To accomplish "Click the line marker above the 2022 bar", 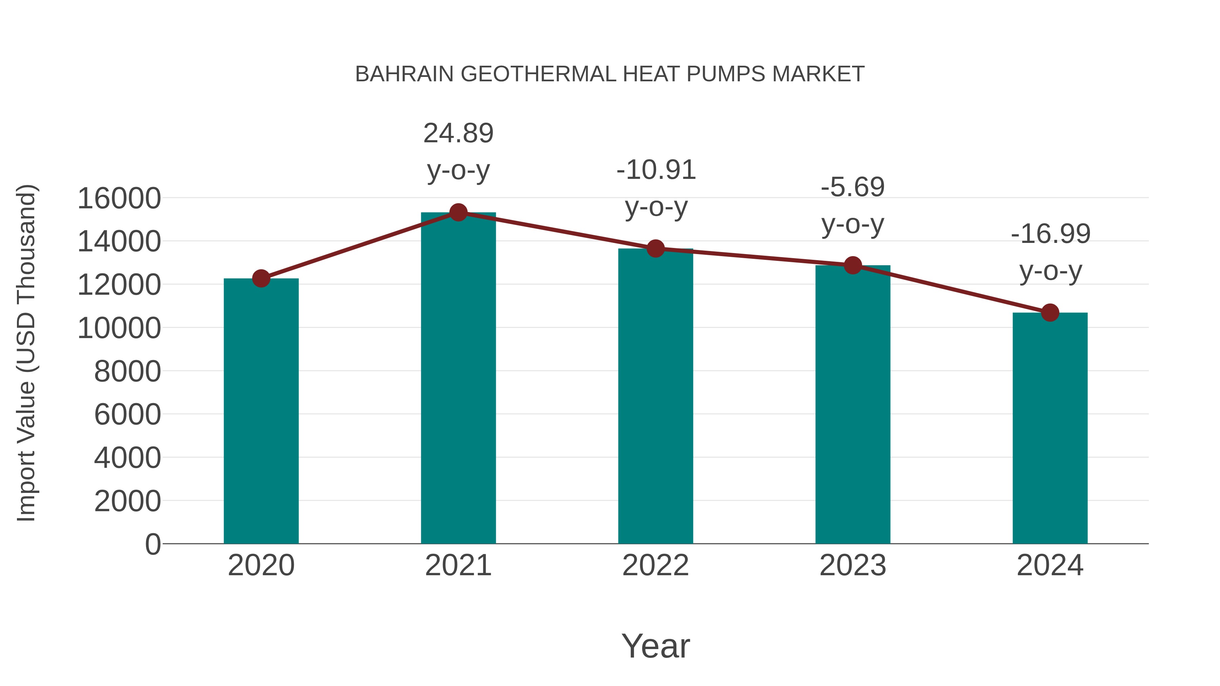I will tap(655, 249).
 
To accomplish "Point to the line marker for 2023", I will tap(853, 266).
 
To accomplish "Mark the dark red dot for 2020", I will tap(261, 278).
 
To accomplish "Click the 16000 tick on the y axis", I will tap(119, 199).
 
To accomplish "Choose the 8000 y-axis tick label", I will tap(127, 372).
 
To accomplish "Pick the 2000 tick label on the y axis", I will tap(127, 501).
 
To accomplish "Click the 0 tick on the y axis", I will tap(152, 544).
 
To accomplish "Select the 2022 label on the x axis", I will tap(655, 565).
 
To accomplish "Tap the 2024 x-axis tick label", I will tap(1050, 565).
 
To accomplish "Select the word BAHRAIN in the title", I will tap(404, 74).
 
